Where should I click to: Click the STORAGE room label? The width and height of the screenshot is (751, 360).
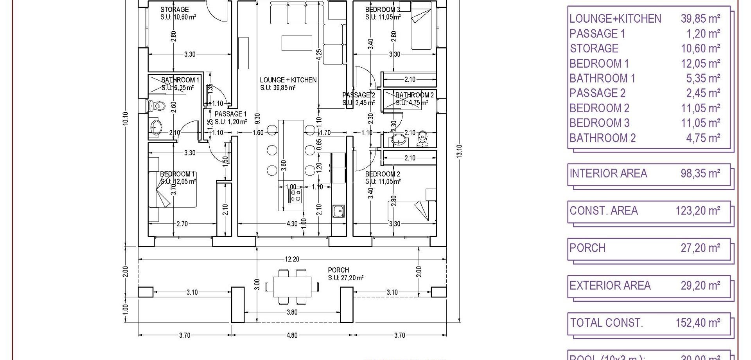click(174, 9)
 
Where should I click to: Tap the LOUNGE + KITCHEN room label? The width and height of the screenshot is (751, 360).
click(288, 80)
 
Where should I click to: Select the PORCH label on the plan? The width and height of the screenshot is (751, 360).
click(338, 270)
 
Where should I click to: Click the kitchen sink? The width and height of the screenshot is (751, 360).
click(338, 211)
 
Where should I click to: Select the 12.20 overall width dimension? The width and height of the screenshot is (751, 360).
click(292, 259)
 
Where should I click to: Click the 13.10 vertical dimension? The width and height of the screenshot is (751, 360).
click(459, 151)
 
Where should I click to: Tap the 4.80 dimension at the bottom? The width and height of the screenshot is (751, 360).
click(292, 335)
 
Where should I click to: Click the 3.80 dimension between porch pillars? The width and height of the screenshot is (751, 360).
click(292, 312)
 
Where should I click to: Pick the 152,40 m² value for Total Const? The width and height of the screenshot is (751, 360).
click(698, 323)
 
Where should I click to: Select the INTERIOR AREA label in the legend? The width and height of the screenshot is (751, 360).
click(608, 173)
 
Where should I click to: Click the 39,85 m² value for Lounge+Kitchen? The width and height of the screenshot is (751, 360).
click(700, 18)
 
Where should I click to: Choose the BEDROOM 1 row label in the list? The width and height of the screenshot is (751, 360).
click(599, 63)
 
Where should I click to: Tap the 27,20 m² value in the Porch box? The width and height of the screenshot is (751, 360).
click(700, 248)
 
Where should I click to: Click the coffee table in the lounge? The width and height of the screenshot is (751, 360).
click(297, 43)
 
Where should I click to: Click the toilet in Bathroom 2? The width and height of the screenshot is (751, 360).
click(422, 138)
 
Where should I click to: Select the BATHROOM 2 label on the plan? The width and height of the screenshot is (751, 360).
click(414, 95)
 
